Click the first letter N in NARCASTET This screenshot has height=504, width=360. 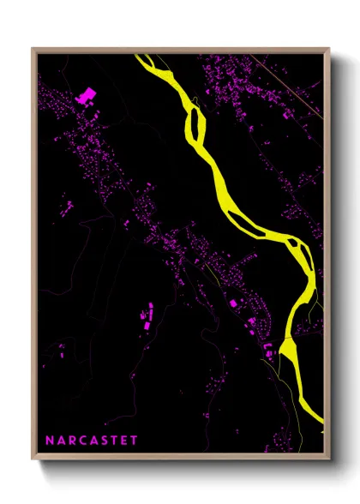[50, 440]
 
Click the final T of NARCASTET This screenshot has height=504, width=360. [135, 440]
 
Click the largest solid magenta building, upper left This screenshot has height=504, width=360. [86, 96]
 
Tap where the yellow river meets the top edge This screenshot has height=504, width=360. [146, 57]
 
